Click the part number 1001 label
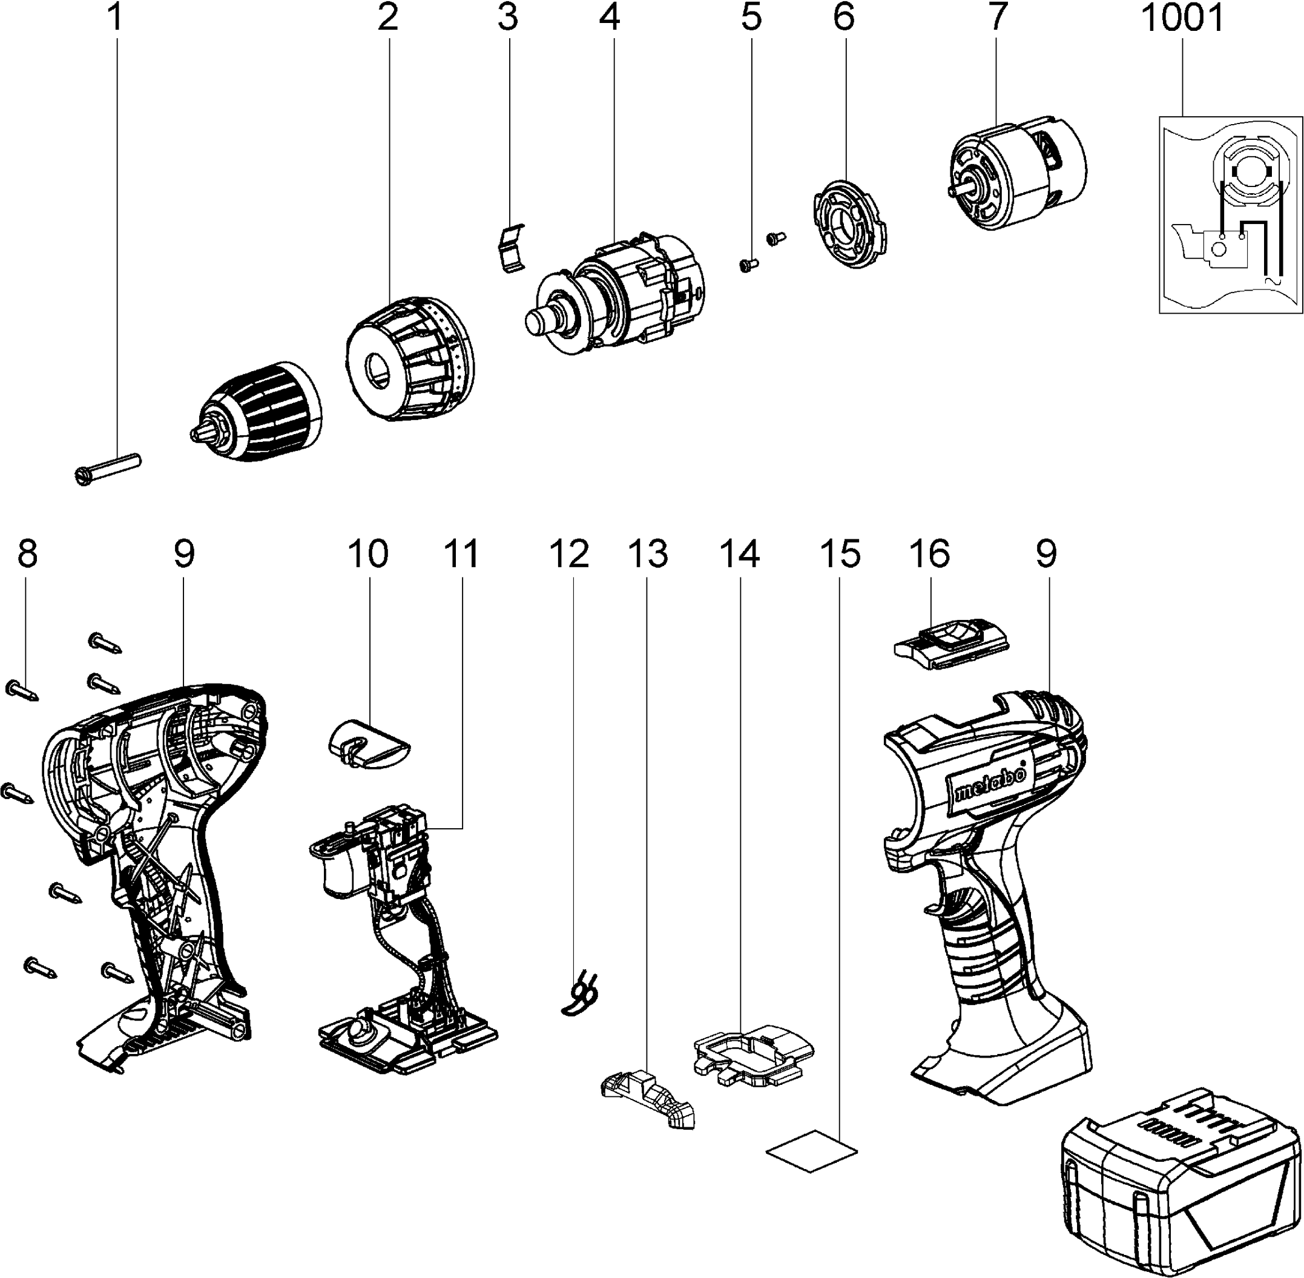pos(1182,19)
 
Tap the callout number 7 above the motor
pos(997,18)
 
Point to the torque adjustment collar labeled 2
pos(410,357)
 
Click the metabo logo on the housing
pos(990,786)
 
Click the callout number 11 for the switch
pos(462,555)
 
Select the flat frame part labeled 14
pos(752,1051)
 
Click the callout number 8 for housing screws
pos(27,555)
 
